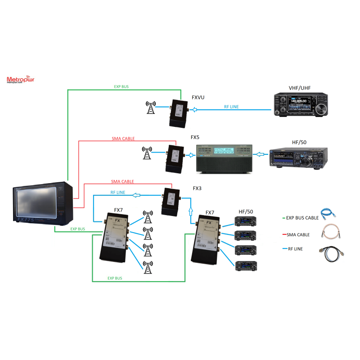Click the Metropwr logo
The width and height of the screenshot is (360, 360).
click(21, 80)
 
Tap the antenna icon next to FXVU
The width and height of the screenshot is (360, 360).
click(151, 108)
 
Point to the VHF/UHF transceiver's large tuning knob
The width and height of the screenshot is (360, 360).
click(320, 109)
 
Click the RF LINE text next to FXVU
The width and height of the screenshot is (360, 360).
click(231, 107)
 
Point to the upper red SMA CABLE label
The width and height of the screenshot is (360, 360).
click(123, 139)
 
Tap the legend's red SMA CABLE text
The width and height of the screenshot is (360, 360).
click(298, 234)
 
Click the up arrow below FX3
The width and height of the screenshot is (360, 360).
click(190, 211)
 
